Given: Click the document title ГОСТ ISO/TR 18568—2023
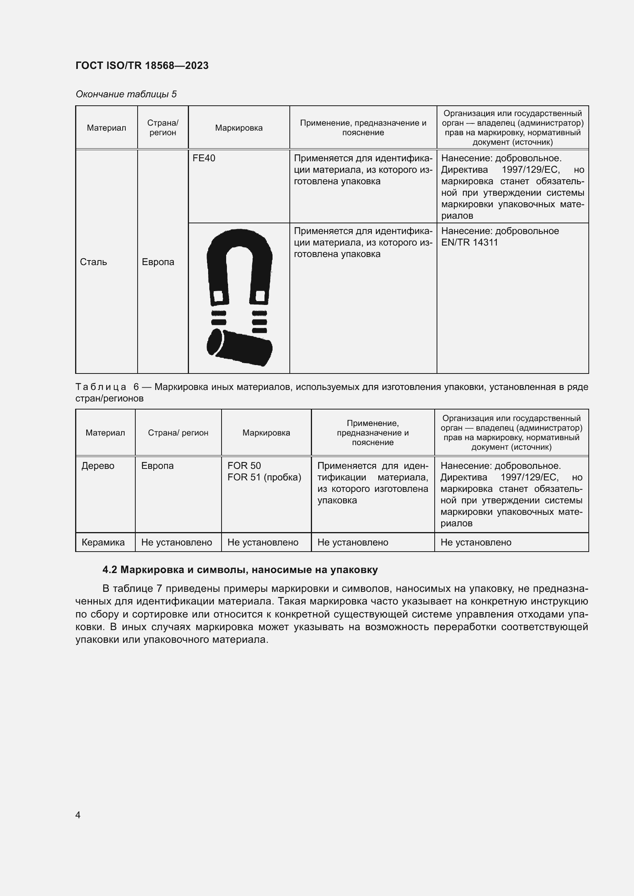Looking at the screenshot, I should click(142, 66).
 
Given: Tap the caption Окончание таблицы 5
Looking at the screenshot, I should click(126, 94).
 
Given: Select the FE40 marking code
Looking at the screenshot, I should click(204, 158).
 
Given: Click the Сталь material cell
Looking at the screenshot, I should click(93, 262).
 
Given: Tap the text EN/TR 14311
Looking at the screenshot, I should click(469, 242).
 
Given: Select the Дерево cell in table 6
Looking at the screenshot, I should click(98, 465).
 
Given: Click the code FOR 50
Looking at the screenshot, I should click(244, 465).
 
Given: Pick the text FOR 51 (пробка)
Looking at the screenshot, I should click(264, 477).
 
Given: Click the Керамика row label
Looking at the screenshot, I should click(103, 542).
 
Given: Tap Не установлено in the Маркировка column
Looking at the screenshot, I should click(263, 542).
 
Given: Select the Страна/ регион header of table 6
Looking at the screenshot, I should click(178, 432).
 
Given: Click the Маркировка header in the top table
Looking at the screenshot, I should click(238, 128).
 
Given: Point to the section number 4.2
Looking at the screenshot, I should click(110, 570).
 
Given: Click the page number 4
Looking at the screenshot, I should click(78, 815).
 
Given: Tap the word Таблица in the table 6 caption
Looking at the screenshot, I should click(101, 387).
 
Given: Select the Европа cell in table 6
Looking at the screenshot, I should click(157, 465).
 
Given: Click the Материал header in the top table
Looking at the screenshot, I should click(106, 128).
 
